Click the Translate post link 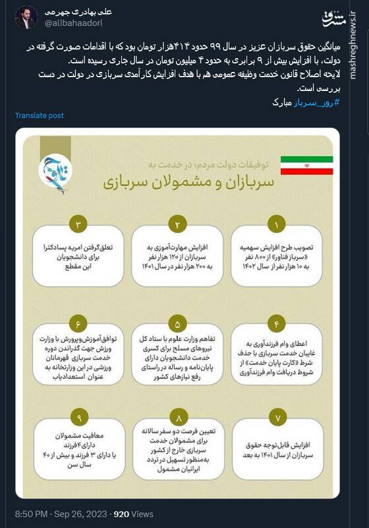click(x=40, y=115)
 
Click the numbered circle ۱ click(x=277, y=224)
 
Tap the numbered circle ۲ click(x=177, y=224)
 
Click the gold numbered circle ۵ click(x=177, y=323)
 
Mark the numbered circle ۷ click(x=277, y=418)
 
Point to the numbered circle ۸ click(x=177, y=418)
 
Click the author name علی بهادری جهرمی click(x=76, y=13)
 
